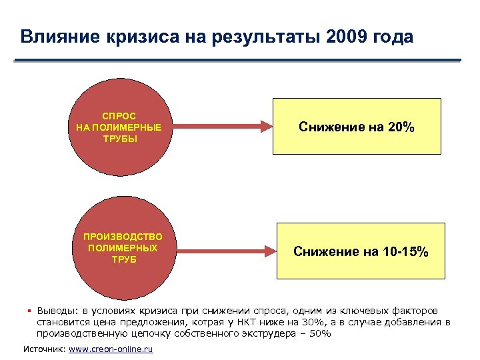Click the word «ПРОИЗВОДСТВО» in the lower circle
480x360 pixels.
(x=123, y=237)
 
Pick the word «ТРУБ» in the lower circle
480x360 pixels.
(x=123, y=259)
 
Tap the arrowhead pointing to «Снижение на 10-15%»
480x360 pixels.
(x=268, y=251)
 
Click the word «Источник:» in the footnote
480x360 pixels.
(x=45, y=349)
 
